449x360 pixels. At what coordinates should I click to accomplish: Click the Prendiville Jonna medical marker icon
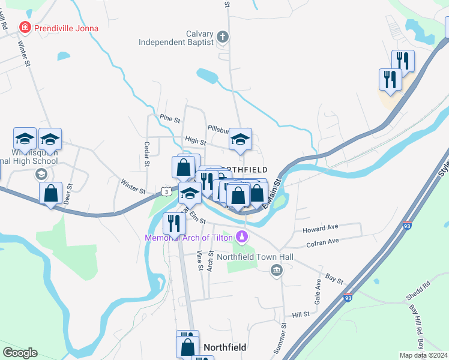25,26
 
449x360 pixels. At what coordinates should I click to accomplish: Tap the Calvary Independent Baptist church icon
223,37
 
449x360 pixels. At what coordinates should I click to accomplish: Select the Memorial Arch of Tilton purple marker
242,238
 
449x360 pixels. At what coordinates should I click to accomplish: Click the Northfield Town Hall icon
276,269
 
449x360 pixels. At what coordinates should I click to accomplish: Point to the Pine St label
170,119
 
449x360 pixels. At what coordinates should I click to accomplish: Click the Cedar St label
146,152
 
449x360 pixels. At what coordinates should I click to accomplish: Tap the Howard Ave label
321,229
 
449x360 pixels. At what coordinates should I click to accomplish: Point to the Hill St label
300,314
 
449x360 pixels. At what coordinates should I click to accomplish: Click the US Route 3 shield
166,190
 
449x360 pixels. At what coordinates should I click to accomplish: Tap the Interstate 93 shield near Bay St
348,297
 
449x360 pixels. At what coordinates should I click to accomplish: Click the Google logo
20,353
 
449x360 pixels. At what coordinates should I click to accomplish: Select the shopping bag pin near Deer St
51,193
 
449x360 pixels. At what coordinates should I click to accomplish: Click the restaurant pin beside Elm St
174,223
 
